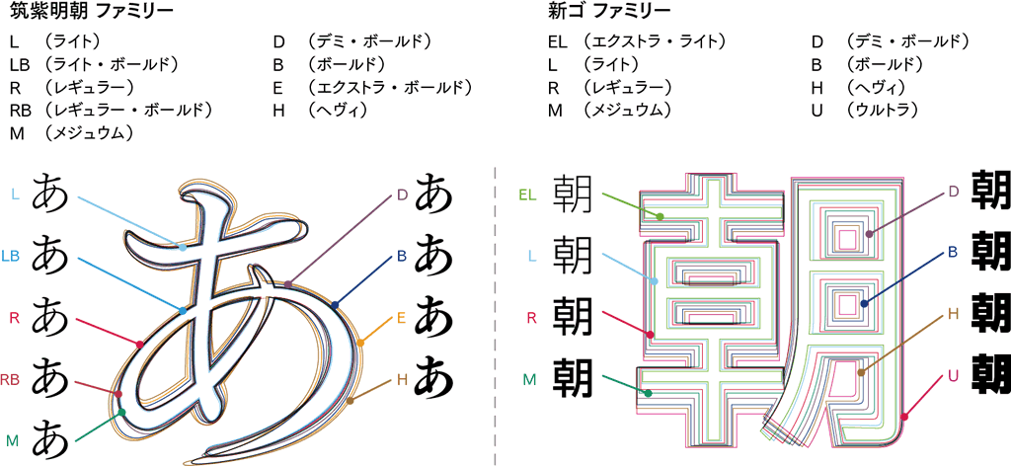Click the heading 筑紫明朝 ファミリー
pos(91,13)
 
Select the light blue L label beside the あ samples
pos(15,194)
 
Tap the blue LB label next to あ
pos(12,256)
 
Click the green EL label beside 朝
pos(527,194)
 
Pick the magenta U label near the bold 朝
pos(953,376)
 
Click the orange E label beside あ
pos(402,318)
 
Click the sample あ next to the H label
pos(434,376)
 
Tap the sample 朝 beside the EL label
pos(573,194)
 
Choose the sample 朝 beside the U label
pos(990,375)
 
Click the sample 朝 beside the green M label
pos(573,375)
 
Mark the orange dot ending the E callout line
pos(360,343)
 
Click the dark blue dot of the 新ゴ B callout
pos(865,303)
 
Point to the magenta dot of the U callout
pos(904,418)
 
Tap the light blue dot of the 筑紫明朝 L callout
pos(183,247)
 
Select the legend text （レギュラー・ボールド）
pos(129,109)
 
